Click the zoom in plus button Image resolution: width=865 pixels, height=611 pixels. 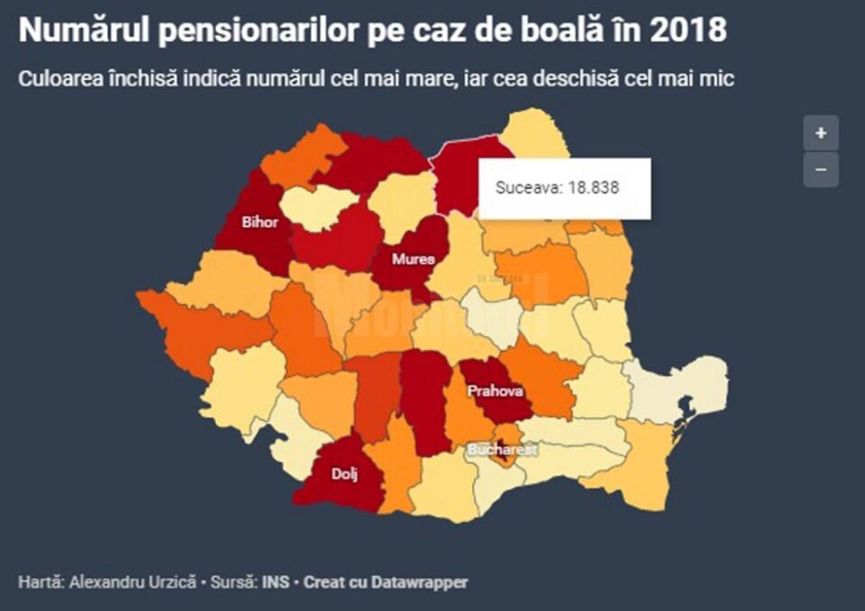(821, 133)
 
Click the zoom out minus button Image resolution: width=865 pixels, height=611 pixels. (821, 170)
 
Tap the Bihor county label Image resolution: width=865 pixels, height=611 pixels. (259, 221)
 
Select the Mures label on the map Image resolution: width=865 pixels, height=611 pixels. (414, 259)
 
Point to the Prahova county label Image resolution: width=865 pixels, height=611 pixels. (495, 391)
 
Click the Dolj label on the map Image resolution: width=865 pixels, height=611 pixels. (344, 475)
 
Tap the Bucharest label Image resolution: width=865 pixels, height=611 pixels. (502, 449)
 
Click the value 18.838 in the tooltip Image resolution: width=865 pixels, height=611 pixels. (595, 188)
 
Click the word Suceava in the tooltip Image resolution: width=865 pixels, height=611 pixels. (529, 188)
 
